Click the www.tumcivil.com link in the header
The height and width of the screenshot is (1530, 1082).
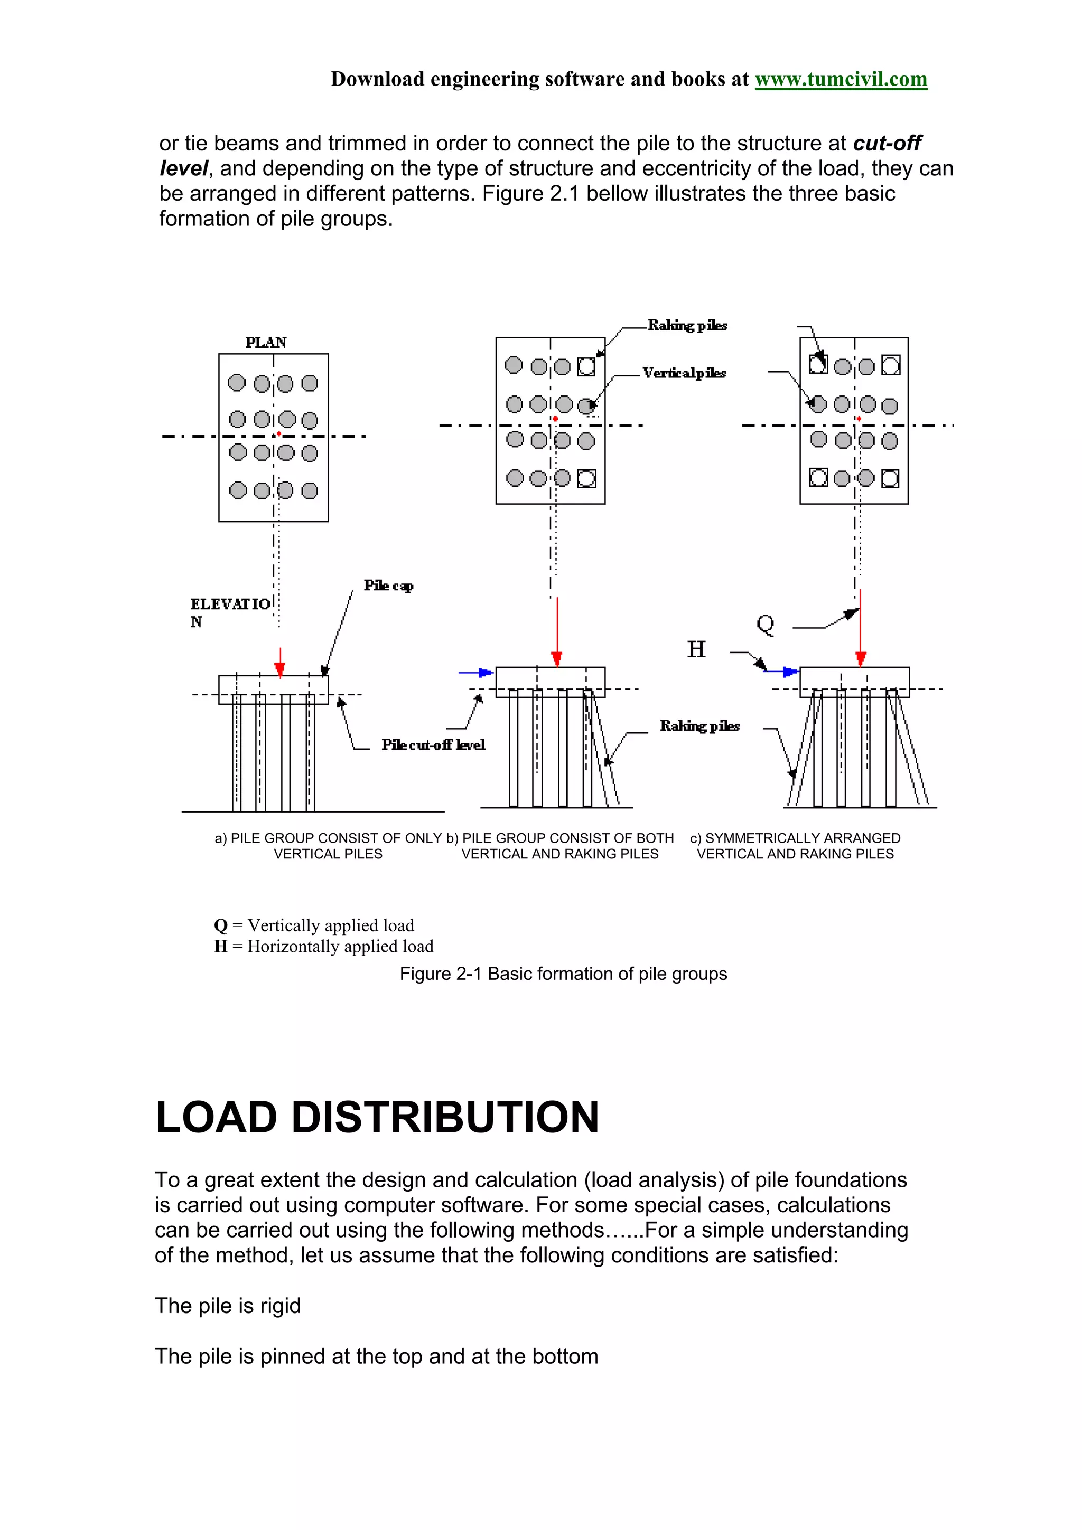coord(840,79)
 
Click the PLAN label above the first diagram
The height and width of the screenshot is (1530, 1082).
coord(265,343)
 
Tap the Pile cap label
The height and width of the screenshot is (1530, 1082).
coord(388,585)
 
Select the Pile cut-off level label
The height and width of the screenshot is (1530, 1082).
coord(433,745)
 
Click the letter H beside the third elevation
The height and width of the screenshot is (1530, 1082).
coord(696,649)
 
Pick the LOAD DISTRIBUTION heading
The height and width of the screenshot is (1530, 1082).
coord(377,1118)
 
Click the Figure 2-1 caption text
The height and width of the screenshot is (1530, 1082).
coord(563,974)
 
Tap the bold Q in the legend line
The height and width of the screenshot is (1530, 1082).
coord(221,926)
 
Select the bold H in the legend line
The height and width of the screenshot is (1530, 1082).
coord(221,947)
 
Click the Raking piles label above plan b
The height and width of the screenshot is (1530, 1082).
coord(687,325)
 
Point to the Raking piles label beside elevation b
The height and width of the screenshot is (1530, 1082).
coord(699,726)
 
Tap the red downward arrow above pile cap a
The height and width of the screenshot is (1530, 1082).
coord(280,663)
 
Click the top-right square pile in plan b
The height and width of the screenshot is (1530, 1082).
coord(586,366)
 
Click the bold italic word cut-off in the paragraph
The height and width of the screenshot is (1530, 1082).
coord(887,143)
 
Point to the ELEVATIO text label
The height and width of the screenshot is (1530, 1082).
coord(230,605)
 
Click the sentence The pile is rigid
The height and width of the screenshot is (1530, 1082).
coord(227,1306)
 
